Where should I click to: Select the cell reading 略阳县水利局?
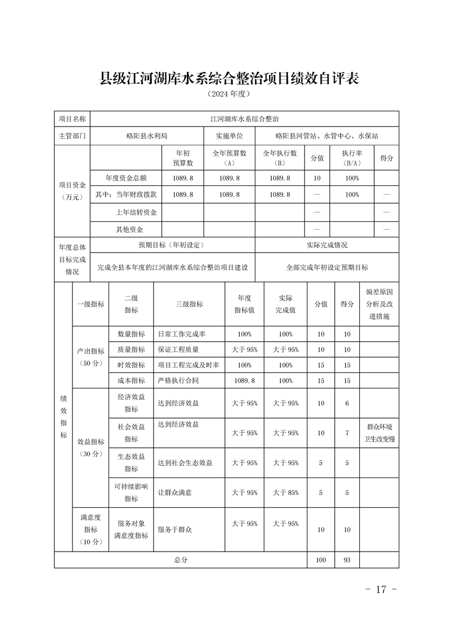pyautogui.click(x=147, y=136)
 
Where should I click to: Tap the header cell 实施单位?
pyautogui.click(x=229, y=136)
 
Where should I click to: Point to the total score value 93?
pyautogui.click(x=347, y=560)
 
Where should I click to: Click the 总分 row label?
pyautogui.click(x=181, y=560)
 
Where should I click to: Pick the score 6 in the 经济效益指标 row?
pyautogui.click(x=347, y=403)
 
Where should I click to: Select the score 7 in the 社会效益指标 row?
pyautogui.click(x=347, y=433)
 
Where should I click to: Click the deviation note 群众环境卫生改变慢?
pyautogui.click(x=379, y=433)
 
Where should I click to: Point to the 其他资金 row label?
pyautogui.click(x=130, y=229)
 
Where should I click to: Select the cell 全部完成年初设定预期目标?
pyautogui.click(x=327, y=267)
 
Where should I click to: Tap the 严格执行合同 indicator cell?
pyautogui.click(x=178, y=380)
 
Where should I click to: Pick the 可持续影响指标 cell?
pyautogui.click(x=131, y=492)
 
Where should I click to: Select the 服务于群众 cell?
pyautogui.click(x=175, y=530)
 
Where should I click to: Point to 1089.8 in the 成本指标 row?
pyautogui.click(x=244, y=380)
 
